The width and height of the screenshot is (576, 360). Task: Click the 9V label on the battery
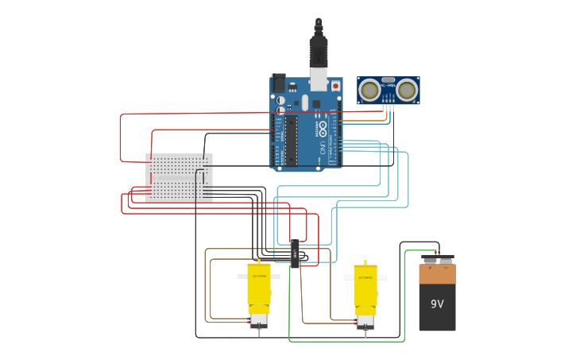click(x=437, y=304)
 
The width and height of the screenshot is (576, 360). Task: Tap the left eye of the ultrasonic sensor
click(x=369, y=90)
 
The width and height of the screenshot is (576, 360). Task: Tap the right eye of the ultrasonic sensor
click(x=407, y=90)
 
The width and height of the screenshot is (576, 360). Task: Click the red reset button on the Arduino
click(x=335, y=85)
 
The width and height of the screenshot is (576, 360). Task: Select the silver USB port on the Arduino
click(x=318, y=79)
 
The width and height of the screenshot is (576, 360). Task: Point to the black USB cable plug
click(x=318, y=51)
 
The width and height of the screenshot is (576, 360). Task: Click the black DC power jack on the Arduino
click(x=278, y=83)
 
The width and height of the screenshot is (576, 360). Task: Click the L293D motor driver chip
click(x=295, y=254)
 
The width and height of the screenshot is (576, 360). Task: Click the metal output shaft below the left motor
click(x=259, y=331)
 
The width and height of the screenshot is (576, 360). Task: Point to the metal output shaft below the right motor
click(x=365, y=333)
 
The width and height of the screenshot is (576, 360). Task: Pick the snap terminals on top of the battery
click(x=438, y=258)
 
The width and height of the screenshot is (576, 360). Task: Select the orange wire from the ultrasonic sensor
click(x=387, y=115)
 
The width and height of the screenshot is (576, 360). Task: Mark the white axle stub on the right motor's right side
click(x=382, y=277)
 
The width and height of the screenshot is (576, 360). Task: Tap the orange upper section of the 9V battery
click(x=437, y=274)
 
